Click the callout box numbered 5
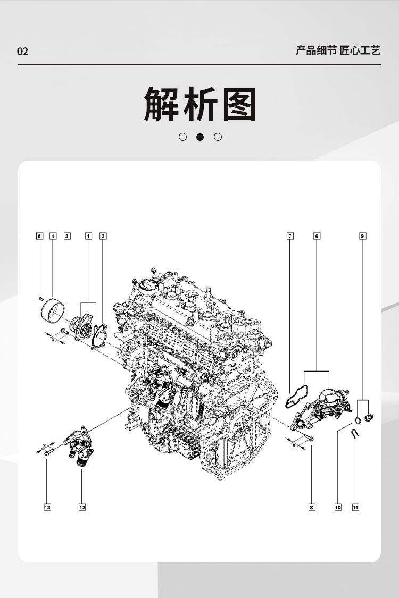click(x=39, y=236)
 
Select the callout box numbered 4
click(x=53, y=236)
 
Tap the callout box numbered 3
click(x=66, y=236)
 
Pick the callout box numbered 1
click(x=89, y=236)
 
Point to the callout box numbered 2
click(x=103, y=236)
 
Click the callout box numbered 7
click(x=290, y=236)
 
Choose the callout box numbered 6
click(x=317, y=236)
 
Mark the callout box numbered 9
click(x=362, y=236)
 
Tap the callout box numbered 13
click(x=47, y=507)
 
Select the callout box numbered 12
click(x=82, y=507)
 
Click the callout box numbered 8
click(x=312, y=507)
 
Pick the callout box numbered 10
click(x=338, y=507)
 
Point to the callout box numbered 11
click(x=355, y=507)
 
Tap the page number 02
click(x=22, y=52)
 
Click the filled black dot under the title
click(x=200, y=137)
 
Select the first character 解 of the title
click(x=161, y=104)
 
